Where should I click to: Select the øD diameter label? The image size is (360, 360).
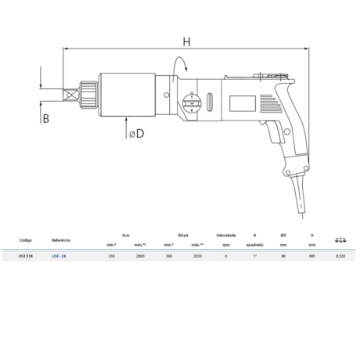135,134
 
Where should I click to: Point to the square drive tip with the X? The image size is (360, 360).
71,95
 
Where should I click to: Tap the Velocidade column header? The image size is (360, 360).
226,234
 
